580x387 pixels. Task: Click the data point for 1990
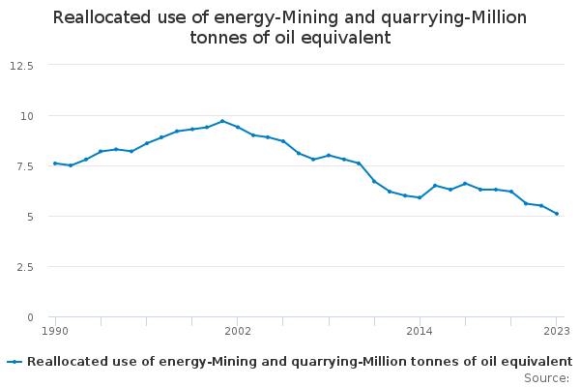(55, 164)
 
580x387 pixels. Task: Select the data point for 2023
(557, 214)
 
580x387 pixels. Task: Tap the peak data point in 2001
(222, 121)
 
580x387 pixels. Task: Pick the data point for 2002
(238, 127)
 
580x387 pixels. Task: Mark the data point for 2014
(420, 197)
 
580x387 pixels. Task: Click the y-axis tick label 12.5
(21, 65)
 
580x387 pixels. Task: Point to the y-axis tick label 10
(27, 115)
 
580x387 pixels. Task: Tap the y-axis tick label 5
(30, 216)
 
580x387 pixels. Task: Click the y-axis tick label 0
(30, 316)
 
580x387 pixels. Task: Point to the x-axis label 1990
(55, 331)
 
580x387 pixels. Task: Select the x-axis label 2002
(238, 331)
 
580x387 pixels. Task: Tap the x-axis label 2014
(420, 331)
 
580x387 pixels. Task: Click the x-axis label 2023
(556, 331)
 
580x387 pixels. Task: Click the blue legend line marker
(14, 361)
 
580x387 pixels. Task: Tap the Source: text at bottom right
(546, 378)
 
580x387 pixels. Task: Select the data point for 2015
(435, 185)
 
